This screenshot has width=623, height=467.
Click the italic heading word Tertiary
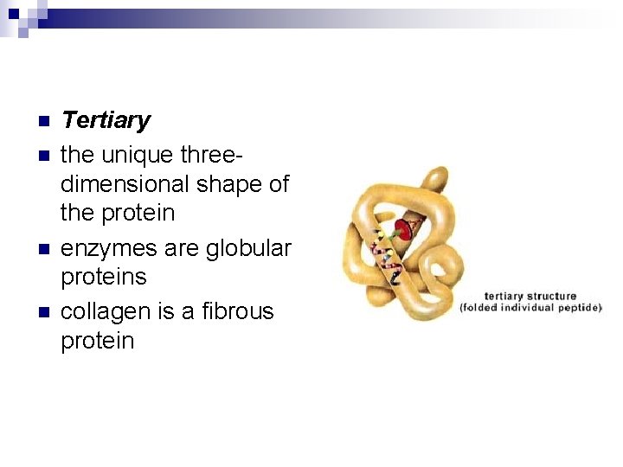[106, 120]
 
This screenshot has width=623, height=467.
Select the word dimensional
[125, 184]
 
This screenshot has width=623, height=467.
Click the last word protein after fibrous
[98, 342]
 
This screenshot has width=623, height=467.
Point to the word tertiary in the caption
[504, 297]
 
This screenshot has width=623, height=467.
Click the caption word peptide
[577, 308]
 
